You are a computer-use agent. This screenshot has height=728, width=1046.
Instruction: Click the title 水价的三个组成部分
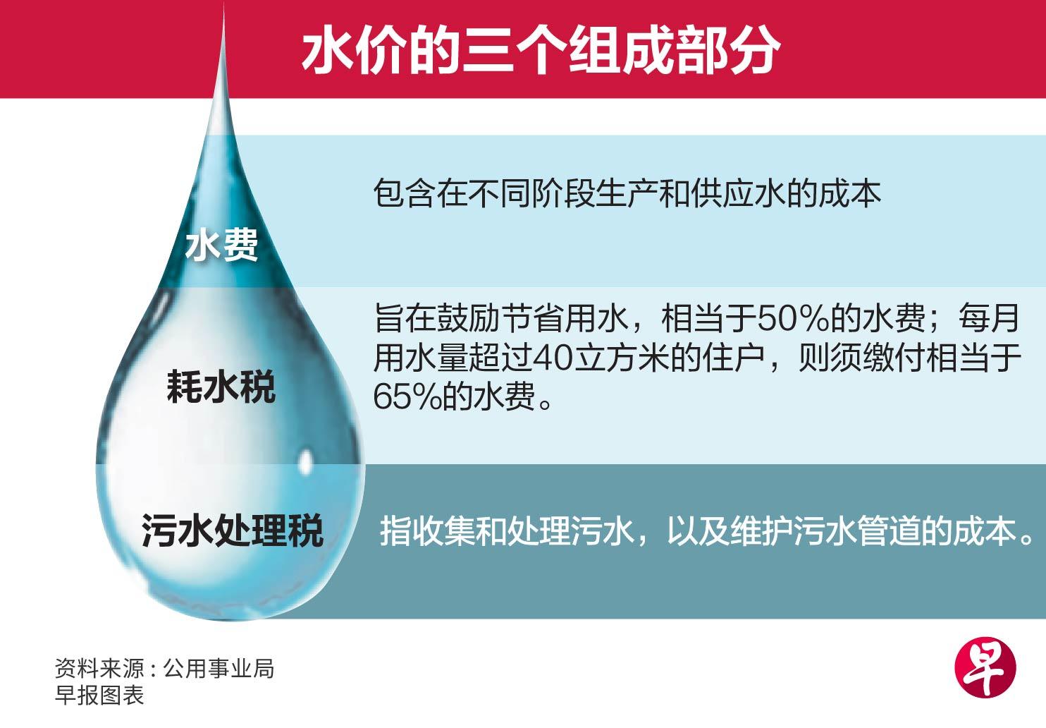[541, 51]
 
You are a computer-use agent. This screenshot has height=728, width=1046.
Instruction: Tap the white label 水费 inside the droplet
[222, 245]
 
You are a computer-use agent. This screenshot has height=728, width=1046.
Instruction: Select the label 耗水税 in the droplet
[221, 387]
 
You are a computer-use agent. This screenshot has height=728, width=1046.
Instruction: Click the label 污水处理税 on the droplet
[233, 530]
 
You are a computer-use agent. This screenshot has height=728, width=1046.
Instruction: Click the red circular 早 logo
[986, 667]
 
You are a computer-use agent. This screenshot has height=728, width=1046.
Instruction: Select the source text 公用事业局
[219, 668]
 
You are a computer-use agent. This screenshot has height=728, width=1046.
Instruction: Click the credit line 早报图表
[99, 695]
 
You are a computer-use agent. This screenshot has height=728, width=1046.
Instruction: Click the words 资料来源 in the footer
[99, 668]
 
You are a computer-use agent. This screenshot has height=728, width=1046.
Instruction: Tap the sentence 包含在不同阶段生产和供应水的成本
[627, 193]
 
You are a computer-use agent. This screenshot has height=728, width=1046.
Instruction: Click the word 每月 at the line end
[989, 319]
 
